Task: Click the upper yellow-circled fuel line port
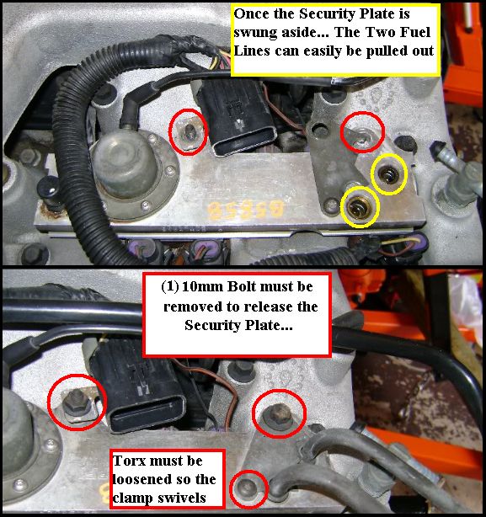click(389, 173)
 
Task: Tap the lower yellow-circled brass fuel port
click(360, 206)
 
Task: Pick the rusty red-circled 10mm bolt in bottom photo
click(278, 413)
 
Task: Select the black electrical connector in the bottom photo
click(138, 386)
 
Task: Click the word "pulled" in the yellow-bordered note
click(387, 51)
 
